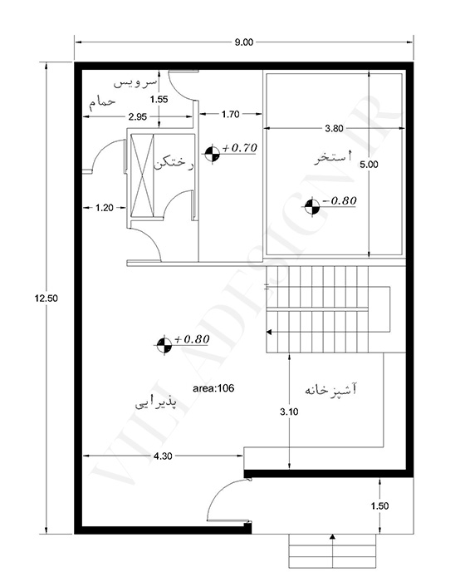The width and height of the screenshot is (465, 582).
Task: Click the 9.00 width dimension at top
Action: pos(243,42)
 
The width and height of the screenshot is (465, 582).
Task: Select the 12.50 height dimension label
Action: pos(46,298)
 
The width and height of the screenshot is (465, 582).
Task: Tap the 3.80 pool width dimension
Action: pos(334,128)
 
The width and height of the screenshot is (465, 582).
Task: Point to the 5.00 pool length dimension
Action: pos(369,165)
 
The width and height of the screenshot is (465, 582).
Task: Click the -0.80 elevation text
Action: pos(340,200)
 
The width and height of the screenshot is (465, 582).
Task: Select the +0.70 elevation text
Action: pos(239,148)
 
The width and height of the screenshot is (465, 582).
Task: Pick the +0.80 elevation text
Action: pos(192,339)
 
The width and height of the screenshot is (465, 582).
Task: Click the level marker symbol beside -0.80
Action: pos(312,207)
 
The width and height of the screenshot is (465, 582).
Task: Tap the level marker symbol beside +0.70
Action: pos(212,154)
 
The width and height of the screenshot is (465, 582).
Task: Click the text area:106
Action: pos(213,388)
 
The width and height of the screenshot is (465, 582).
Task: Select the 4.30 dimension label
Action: pos(163,456)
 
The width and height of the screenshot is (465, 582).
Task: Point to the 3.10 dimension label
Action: pos(289,412)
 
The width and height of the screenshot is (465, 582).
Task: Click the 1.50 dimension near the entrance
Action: pos(379,506)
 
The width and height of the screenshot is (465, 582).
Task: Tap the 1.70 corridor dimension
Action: pos(231,114)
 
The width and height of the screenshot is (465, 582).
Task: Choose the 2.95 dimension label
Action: pos(138,117)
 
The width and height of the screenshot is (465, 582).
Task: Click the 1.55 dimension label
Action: pos(159,99)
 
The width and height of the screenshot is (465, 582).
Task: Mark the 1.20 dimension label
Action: pos(104,208)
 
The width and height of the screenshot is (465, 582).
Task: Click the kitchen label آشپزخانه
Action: pos(330,390)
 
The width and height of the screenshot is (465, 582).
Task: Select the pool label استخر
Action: pos(333,157)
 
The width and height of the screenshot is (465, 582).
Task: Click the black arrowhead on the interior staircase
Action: pos(269,332)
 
